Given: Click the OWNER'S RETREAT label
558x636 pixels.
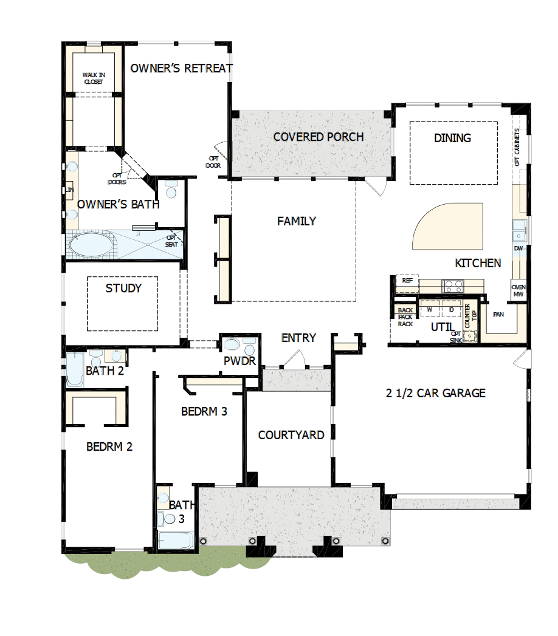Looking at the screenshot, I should (181, 68).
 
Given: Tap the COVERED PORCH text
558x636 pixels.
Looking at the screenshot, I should (319, 137).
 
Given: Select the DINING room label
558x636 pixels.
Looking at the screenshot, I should (452, 138).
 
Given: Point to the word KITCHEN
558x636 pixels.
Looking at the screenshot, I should (478, 263).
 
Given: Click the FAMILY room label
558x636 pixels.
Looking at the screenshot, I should (297, 221).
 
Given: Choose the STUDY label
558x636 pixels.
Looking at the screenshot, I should (123, 288).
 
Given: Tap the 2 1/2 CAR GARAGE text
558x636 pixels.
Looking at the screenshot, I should (436, 393).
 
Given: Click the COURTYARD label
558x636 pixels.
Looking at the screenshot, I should (291, 435).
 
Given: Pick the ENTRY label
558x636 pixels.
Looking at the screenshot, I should (298, 338).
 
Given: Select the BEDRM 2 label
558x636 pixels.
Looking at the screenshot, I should (109, 447).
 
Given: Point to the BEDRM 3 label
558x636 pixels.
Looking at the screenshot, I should (204, 411).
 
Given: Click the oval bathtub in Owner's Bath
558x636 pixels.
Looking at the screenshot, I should (91, 245).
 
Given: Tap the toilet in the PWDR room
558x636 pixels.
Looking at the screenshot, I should (232, 346).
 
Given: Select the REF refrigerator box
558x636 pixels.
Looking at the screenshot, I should (407, 281).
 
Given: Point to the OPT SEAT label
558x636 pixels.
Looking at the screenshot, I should (172, 241).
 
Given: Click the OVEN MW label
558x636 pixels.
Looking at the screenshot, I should (518, 291).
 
